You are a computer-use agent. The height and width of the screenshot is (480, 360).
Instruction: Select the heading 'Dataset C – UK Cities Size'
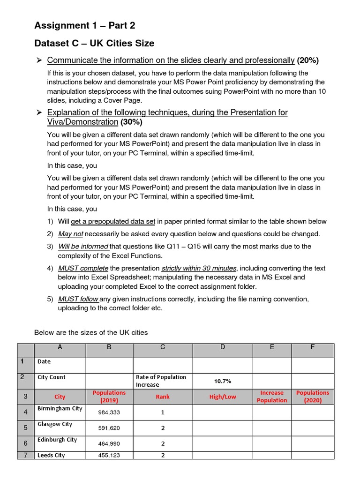[x=94, y=44]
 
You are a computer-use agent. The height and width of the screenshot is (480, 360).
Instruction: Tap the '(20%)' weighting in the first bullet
[x=307, y=60]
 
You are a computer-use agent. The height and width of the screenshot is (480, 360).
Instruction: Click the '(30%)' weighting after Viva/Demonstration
[x=131, y=122]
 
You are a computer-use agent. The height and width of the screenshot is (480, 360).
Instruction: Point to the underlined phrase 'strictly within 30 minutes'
[x=199, y=268]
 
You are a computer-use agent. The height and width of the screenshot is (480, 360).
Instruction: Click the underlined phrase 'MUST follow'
[x=78, y=299]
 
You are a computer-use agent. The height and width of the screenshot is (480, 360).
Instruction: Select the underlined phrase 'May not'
[x=71, y=234]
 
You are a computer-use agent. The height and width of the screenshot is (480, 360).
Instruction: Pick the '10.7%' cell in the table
[x=223, y=381]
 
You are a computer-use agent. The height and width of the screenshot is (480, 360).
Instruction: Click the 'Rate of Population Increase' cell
[x=162, y=381]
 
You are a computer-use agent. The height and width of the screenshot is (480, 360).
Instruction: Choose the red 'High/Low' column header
[x=223, y=397]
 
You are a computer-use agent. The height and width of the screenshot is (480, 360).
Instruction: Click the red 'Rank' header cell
[x=163, y=397]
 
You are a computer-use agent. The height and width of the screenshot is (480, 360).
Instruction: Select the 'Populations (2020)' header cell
[x=313, y=397]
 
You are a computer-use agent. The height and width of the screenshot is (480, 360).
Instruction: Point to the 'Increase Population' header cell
[x=272, y=397]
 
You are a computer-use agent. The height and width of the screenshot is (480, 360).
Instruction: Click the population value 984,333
[x=109, y=412]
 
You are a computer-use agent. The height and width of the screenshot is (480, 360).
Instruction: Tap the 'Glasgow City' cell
[x=55, y=424]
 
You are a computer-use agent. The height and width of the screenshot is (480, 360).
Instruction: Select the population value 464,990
[x=109, y=443]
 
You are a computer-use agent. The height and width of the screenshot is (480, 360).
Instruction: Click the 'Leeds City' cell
[x=52, y=455]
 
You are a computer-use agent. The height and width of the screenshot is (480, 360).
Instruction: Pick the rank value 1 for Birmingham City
[x=163, y=412]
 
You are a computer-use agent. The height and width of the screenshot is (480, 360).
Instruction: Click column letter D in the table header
[x=223, y=347]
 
